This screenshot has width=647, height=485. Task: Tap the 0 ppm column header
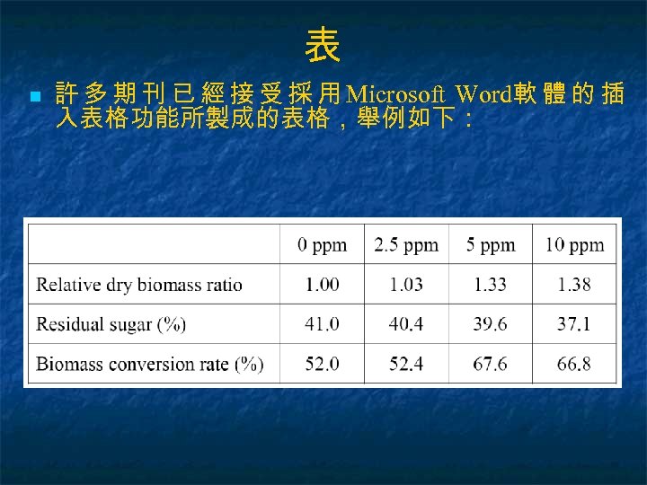pyautogui.click(x=322, y=244)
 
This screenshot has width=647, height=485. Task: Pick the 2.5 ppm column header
pyautogui.click(x=406, y=244)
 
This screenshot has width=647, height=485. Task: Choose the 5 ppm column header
pyautogui.click(x=491, y=244)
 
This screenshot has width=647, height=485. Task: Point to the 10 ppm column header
pyautogui.click(x=574, y=244)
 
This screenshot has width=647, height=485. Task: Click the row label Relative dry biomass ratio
pyautogui.click(x=139, y=285)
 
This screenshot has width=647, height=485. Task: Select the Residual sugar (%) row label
pyautogui.click(x=111, y=324)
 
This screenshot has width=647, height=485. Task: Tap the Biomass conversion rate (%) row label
pyautogui.click(x=150, y=364)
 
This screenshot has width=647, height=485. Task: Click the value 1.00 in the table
pyautogui.click(x=322, y=285)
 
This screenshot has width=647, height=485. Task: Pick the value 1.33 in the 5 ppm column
pyautogui.click(x=491, y=285)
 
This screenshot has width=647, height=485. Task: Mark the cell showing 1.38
pyautogui.click(x=574, y=285)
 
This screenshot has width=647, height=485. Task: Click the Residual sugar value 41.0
pyautogui.click(x=322, y=324)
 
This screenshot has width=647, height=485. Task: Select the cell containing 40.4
pyautogui.click(x=406, y=324)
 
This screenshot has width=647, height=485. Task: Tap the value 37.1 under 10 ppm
pyautogui.click(x=574, y=324)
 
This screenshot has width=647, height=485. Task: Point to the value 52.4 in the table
pyautogui.click(x=406, y=364)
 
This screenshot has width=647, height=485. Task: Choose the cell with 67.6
pyautogui.click(x=491, y=364)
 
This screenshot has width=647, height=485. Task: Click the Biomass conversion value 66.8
pyautogui.click(x=574, y=364)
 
